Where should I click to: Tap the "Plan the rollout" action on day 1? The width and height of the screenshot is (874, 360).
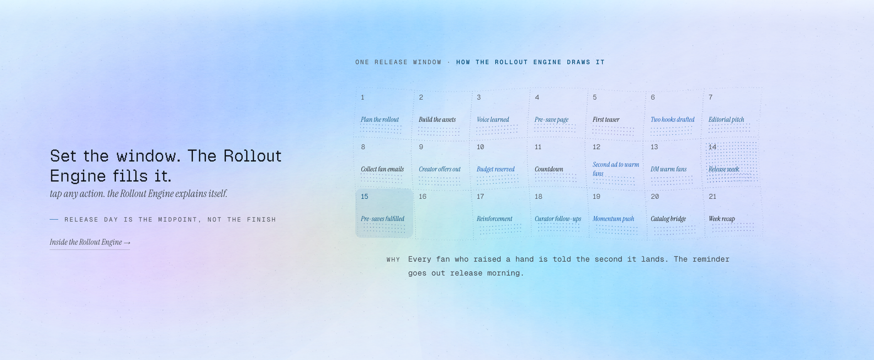click(x=380, y=120)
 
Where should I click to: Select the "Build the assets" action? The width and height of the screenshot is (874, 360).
click(x=437, y=120)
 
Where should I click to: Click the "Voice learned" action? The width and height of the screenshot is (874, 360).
click(x=493, y=120)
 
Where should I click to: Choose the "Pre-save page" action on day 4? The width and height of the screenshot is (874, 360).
click(x=551, y=120)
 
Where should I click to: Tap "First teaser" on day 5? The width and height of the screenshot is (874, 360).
click(x=606, y=120)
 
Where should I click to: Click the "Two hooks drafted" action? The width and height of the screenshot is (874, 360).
click(x=673, y=120)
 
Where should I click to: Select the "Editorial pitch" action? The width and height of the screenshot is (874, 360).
click(x=726, y=120)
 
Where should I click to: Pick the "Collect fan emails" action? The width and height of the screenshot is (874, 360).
click(x=382, y=169)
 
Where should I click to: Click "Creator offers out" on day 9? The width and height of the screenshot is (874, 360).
click(x=440, y=169)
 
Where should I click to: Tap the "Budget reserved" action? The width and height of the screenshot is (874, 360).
click(x=496, y=169)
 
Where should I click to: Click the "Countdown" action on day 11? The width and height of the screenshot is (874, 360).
click(x=549, y=169)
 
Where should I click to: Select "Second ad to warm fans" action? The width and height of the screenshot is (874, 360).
click(x=616, y=169)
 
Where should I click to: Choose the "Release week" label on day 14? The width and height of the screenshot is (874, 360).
click(x=724, y=169)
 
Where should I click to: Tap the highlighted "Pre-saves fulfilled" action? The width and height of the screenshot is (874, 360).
click(x=382, y=219)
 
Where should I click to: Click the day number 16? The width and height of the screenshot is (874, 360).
click(x=423, y=197)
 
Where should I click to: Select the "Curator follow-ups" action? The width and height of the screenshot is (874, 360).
click(x=558, y=219)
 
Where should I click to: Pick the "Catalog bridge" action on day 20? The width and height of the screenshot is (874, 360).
click(x=668, y=219)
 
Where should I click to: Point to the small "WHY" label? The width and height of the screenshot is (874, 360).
click(x=393, y=260)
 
